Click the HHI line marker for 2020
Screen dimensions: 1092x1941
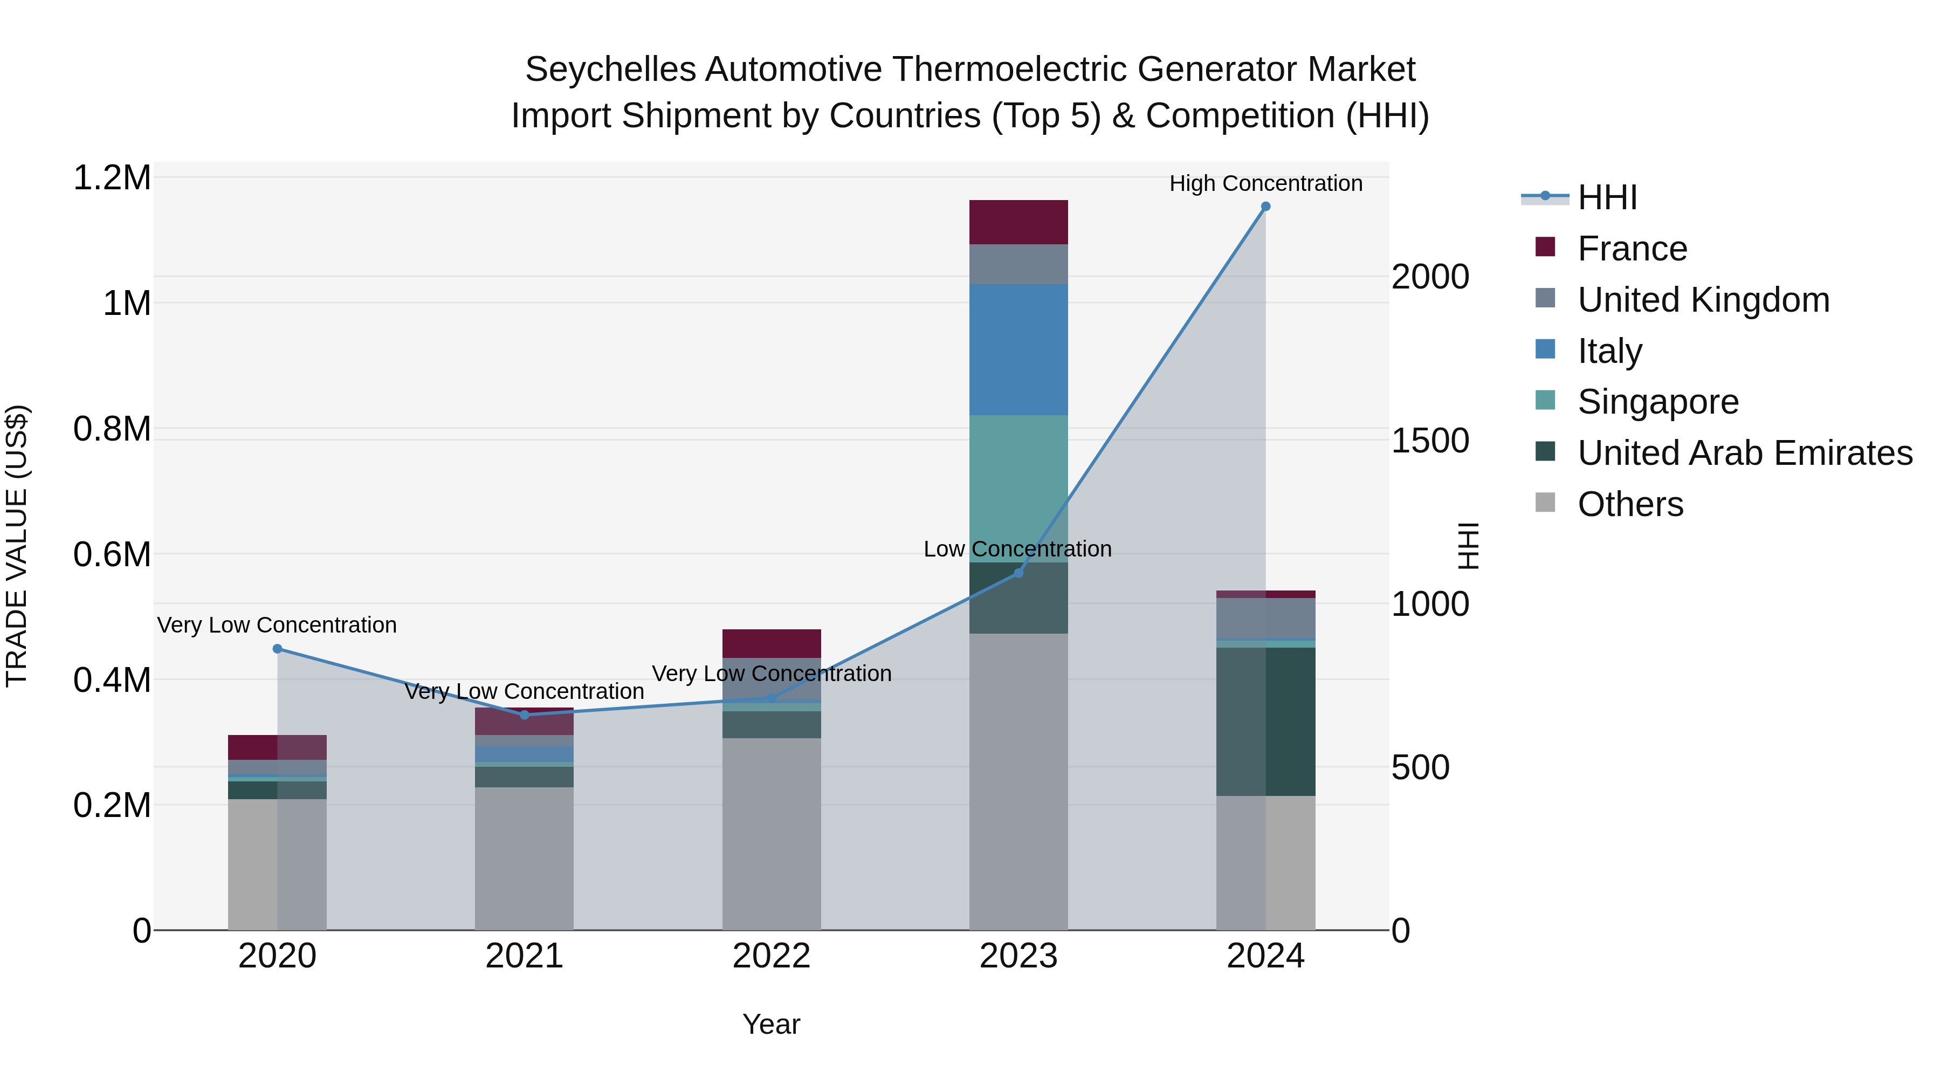tap(277, 649)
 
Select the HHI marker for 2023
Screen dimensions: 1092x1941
tap(1018, 573)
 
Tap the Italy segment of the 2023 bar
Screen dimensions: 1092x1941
tap(1018, 349)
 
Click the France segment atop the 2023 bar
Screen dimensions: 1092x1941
tap(1018, 222)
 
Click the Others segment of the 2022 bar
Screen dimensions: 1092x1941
tap(771, 834)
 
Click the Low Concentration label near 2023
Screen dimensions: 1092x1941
tap(1017, 550)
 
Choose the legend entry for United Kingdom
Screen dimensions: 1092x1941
tap(1703, 300)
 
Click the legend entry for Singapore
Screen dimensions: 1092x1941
tap(1658, 402)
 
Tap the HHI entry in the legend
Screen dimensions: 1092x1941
tap(1607, 197)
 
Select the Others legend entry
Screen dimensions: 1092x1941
tap(1630, 504)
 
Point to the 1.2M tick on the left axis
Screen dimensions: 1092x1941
tap(112, 178)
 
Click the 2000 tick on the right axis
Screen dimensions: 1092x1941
tap(1429, 277)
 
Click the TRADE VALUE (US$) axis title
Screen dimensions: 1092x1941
tap(17, 546)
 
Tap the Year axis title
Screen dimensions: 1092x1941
tap(771, 1024)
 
